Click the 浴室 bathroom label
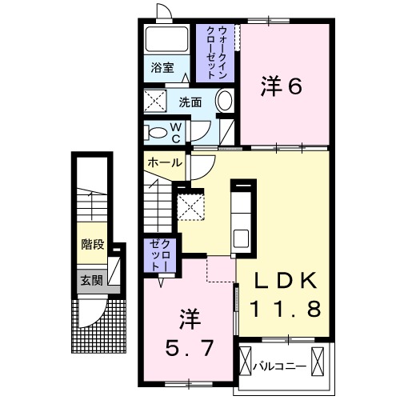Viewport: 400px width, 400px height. (x=162, y=68)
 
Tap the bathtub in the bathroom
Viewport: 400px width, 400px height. (x=166, y=39)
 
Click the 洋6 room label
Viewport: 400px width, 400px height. (x=281, y=86)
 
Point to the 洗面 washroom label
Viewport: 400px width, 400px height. (x=190, y=102)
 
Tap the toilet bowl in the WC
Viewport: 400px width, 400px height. (x=159, y=132)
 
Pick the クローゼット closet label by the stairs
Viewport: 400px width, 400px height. (x=157, y=254)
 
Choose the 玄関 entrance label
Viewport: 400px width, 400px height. (x=91, y=280)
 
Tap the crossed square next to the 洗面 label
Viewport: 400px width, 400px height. (x=154, y=102)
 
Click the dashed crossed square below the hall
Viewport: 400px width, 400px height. (x=192, y=206)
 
